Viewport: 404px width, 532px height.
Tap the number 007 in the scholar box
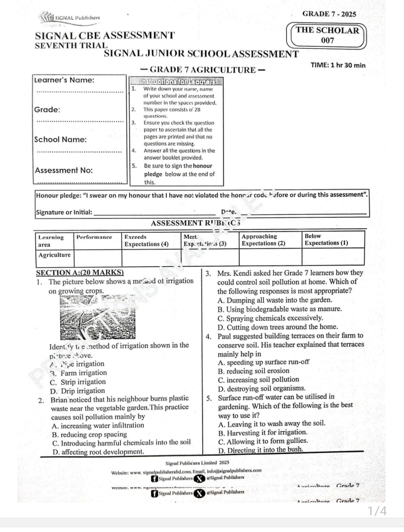click(x=328, y=41)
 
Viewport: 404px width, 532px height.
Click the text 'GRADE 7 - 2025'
click(x=329, y=13)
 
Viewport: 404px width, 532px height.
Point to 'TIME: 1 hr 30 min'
click(x=338, y=65)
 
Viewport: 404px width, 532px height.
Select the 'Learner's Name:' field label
click(x=65, y=80)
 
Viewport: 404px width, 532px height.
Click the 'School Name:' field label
click(x=61, y=140)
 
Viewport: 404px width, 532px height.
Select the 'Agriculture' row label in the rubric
click(x=54, y=256)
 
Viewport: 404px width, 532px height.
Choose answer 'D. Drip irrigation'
click(x=77, y=391)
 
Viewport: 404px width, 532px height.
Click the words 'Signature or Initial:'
click(x=63, y=212)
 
